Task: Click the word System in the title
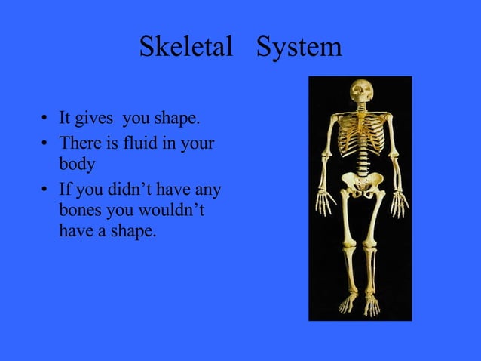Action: click(299, 48)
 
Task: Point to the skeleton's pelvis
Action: click(360, 181)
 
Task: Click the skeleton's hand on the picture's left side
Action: click(324, 202)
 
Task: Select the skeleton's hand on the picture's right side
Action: click(399, 202)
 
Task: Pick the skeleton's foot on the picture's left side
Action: click(348, 304)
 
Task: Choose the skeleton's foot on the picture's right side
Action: click(372, 305)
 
